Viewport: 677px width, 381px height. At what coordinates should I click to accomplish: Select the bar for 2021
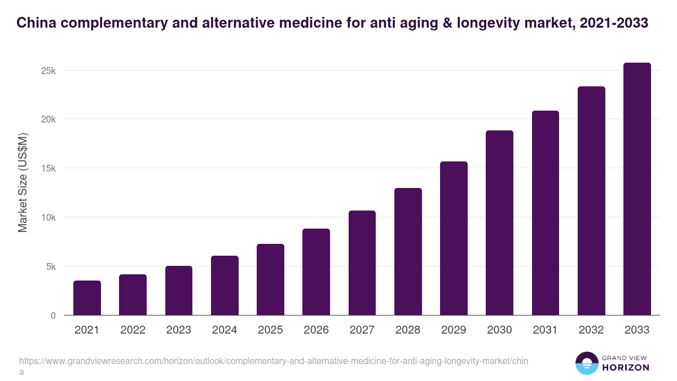[x=87, y=298]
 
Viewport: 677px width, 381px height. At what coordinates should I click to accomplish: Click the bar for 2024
[x=225, y=286]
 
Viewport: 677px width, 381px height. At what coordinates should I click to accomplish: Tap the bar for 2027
[x=362, y=263]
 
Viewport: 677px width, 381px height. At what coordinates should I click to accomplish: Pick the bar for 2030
[x=500, y=223]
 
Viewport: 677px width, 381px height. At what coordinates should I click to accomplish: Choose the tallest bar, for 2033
[x=637, y=189]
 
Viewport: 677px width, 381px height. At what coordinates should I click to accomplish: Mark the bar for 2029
[x=454, y=238]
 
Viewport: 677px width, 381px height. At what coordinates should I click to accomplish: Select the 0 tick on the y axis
[x=53, y=316]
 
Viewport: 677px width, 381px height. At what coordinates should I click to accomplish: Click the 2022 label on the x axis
[x=133, y=330]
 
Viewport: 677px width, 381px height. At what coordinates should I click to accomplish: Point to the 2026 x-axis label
[x=316, y=330]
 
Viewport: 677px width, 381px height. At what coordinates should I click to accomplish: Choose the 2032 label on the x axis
[x=591, y=330]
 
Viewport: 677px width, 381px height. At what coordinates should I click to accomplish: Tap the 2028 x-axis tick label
[x=408, y=330]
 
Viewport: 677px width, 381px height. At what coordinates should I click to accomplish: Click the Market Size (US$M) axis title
[x=23, y=182]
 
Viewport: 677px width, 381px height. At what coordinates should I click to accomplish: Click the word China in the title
[x=35, y=23]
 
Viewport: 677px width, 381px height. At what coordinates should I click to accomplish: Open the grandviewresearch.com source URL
[x=274, y=361]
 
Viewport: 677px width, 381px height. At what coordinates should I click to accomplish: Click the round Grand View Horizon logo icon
[x=586, y=363]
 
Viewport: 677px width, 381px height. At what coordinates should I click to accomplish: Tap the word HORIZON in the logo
[x=625, y=367]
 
